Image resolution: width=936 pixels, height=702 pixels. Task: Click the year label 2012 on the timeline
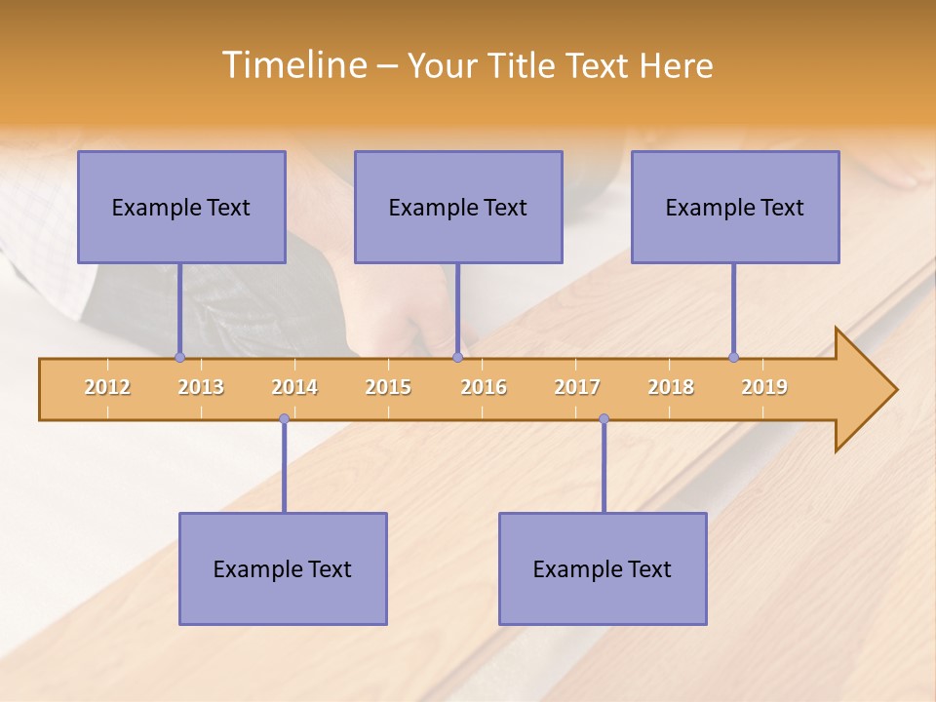coord(107,387)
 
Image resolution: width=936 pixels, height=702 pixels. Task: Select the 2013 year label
coord(201,387)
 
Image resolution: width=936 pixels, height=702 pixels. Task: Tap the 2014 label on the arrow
coord(294,387)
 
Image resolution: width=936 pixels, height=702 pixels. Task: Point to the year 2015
coord(388,387)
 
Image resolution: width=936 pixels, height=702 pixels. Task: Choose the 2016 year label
coord(484,387)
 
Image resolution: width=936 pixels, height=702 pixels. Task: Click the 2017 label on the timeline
coord(577,387)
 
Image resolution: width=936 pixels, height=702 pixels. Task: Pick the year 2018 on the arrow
coord(671,387)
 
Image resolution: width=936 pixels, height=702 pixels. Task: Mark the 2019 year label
coord(764,387)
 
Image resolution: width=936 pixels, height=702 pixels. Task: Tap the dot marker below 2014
coord(284,419)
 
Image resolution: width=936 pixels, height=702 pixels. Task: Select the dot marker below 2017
coord(604,419)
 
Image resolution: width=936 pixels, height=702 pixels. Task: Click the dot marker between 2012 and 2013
coord(179,357)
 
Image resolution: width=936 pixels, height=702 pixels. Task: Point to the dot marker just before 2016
coord(457,357)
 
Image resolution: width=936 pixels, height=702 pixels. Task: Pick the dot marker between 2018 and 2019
coord(733,357)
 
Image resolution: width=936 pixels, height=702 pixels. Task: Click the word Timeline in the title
coord(292,65)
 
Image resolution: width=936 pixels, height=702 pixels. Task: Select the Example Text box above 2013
coord(181,207)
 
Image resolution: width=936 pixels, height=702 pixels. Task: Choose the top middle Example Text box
coord(458,207)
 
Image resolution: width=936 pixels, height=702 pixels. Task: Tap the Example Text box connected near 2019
coord(735,207)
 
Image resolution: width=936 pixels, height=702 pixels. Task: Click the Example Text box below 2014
coord(283,568)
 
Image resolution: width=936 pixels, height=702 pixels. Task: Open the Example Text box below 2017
coord(603,568)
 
